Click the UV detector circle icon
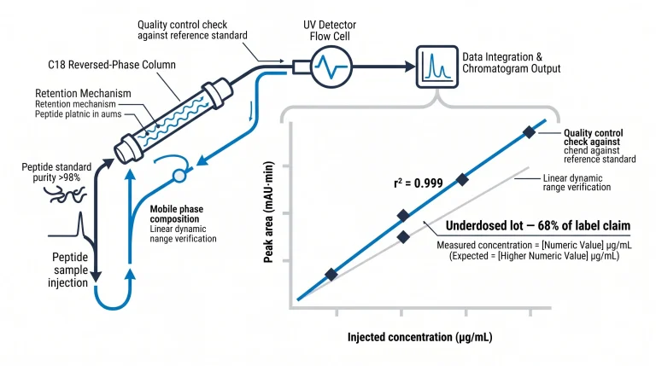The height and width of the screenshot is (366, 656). pyautogui.click(x=331, y=67)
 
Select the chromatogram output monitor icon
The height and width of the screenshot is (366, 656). pyautogui.click(x=436, y=67)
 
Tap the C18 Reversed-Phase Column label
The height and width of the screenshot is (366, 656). pyautogui.click(x=112, y=65)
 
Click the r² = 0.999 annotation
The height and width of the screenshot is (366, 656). pyautogui.click(x=419, y=183)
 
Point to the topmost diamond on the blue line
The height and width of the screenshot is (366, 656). pyautogui.click(x=529, y=132)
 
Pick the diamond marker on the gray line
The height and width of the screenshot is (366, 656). pyautogui.click(x=403, y=237)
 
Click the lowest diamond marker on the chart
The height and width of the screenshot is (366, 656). pyautogui.click(x=331, y=275)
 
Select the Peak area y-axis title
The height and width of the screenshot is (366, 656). pyautogui.click(x=268, y=212)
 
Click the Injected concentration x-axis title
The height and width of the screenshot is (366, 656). pyautogui.click(x=419, y=337)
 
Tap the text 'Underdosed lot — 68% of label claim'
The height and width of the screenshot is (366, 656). pyautogui.click(x=537, y=225)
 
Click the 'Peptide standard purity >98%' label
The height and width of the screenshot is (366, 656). pyautogui.click(x=56, y=172)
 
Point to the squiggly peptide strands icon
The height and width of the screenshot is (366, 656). pyautogui.click(x=65, y=195)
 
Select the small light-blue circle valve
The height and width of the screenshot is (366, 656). pyautogui.click(x=179, y=176)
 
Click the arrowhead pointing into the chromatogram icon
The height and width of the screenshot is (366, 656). pyautogui.click(x=410, y=67)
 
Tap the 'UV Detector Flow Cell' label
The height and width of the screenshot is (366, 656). pyautogui.click(x=330, y=31)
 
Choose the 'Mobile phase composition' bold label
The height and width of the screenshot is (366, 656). pyautogui.click(x=177, y=214)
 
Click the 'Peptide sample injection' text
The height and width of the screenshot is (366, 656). pyautogui.click(x=69, y=270)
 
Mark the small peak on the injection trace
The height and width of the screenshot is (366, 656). pyautogui.click(x=80, y=224)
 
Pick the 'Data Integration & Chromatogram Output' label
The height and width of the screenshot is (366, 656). pyautogui.click(x=512, y=62)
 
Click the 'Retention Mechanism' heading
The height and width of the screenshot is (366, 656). pyautogui.click(x=83, y=93)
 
